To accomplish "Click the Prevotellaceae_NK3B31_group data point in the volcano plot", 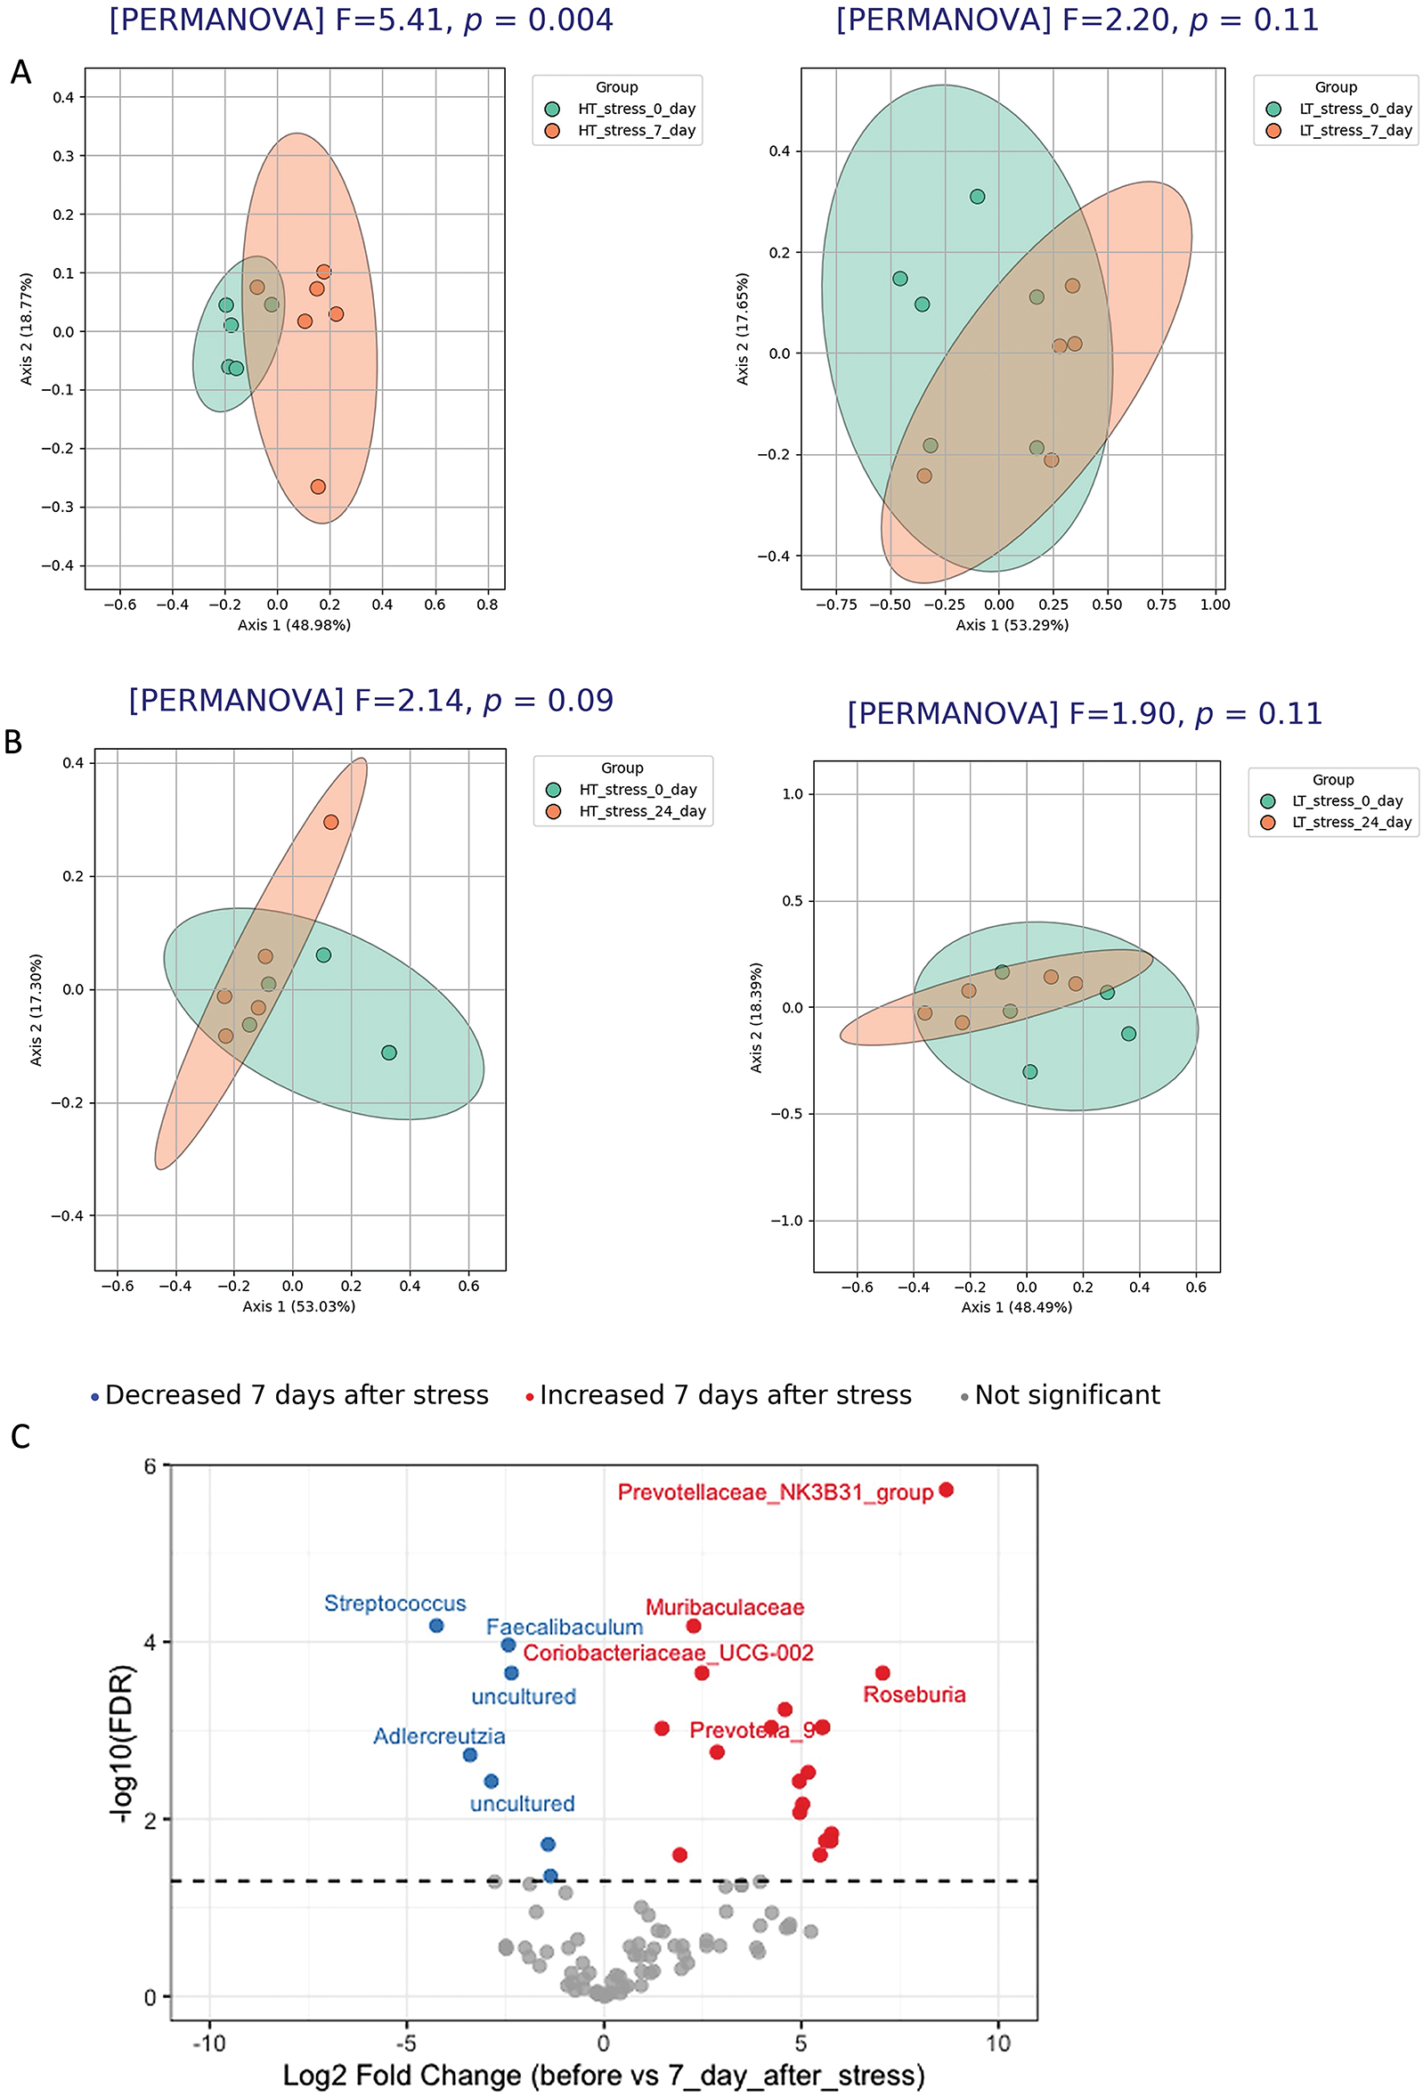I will pyautogui.click(x=946, y=1490).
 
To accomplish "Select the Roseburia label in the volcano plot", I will pyautogui.click(x=914, y=1694).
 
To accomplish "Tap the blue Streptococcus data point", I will pyautogui.click(x=436, y=1625).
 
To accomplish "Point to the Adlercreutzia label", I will pyautogui.click(x=439, y=1736).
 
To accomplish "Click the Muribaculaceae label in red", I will pyautogui.click(x=724, y=1607).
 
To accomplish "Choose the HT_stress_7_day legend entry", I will pyautogui.click(x=636, y=131).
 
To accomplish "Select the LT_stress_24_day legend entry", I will pyautogui.click(x=1351, y=822).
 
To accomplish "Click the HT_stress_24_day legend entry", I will pyautogui.click(x=641, y=811).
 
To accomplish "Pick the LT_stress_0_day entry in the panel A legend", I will pyautogui.click(x=1354, y=110).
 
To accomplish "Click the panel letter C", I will pyautogui.click(x=20, y=1437).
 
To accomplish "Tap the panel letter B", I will pyautogui.click(x=13, y=742).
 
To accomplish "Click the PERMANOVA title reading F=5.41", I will pyautogui.click(x=361, y=20).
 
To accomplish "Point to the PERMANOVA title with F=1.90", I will pyautogui.click(x=1084, y=713).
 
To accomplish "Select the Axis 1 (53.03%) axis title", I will pyautogui.click(x=298, y=1306).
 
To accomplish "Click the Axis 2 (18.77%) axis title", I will pyautogui.click(x=27, y=329).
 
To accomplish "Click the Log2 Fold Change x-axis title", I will pyautogui.click(x=603, y=2075).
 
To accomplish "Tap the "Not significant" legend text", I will pyautogui.click(x=1067, y=1395).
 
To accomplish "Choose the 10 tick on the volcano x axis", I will pyautogui.click(x=997, y=2042).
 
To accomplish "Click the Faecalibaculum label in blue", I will pyautogui.click(x=564, y=1627).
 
